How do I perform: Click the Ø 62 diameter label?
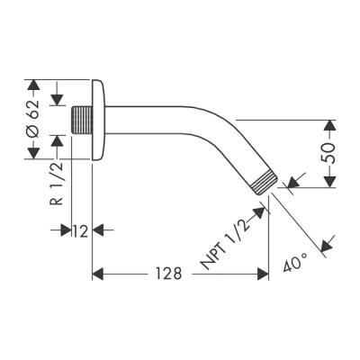tap(33, 121)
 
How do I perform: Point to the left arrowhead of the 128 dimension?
tap(99, 273)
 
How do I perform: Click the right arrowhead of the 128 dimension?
tap(263, 273)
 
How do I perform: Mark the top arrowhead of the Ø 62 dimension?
tap(33, 85)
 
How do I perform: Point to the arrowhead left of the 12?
tap(67, 231)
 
